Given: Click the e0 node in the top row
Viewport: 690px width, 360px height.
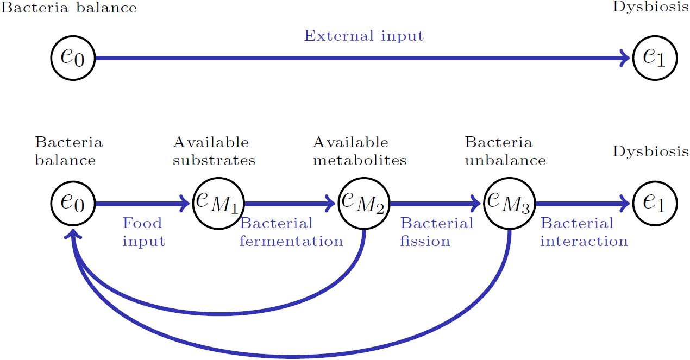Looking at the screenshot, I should tap(73, 58).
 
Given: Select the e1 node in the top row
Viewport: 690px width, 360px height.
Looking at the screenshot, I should tap(655, 58).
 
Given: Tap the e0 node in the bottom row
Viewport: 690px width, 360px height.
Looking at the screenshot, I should tap(73, 204).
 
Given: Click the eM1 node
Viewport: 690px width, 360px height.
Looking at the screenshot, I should tap(218, 204).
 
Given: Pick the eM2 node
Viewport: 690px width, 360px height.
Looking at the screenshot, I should tap(363, 204).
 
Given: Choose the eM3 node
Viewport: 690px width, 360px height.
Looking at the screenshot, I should tap(509, 204).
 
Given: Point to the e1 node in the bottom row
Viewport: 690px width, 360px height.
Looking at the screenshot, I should tap(655, 204).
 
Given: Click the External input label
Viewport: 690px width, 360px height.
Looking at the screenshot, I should tap(363, 36).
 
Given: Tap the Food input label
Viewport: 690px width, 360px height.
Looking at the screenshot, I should tap(143, 232).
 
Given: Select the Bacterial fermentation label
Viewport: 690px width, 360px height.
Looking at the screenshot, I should tap(291, 232).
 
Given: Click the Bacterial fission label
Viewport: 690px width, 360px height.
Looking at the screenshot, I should tap(436, 232).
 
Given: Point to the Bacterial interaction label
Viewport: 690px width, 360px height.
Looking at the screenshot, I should tap(584, 232).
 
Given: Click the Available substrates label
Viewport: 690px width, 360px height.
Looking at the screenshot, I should tap(214, 151).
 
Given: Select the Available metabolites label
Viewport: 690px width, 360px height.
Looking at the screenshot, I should tap(359, 151).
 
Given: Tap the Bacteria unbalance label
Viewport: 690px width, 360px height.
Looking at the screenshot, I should tap(505, 151).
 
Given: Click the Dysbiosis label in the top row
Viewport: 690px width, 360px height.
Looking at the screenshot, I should tap(651, 8).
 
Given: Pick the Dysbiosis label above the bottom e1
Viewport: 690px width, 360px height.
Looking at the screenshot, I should tap(651, 151).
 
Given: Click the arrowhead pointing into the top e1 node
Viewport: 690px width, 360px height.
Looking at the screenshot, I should tap(625, 58).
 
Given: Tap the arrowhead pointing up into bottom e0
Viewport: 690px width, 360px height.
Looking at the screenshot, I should tap(73, 233).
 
